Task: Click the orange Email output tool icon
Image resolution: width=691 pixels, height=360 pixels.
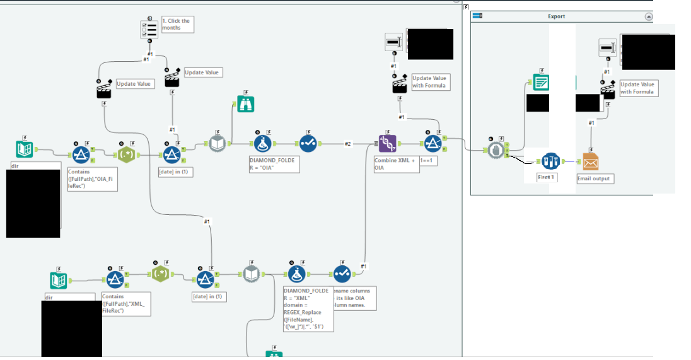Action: (x=591, y=161)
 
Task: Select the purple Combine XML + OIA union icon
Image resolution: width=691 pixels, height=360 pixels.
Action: (x=387, y=144)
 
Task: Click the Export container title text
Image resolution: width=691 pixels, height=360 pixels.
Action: (x=556, y=16)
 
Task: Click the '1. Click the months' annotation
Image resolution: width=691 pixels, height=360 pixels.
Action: (x=176, y=25)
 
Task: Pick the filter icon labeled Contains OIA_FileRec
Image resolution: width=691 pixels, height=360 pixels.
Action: (x=81, y=154)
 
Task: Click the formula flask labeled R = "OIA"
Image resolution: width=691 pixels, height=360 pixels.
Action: (x=263, y=144)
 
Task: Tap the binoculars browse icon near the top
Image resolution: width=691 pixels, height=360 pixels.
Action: (x=246, y=104)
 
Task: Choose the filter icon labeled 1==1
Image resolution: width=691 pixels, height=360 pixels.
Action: (x=433, y=144)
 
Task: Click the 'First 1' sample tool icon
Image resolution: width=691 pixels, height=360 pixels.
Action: (x=550, y=161)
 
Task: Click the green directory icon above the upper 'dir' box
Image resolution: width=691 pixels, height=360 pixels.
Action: (x=25, y=149)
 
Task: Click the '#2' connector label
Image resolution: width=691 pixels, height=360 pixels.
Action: (x=347, y=144)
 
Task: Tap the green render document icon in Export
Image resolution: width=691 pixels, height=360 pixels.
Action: (x=541, y=83)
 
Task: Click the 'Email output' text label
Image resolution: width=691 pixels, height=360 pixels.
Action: (x=593, y=178)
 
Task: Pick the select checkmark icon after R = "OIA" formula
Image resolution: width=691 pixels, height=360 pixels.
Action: (x=307, y=144)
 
